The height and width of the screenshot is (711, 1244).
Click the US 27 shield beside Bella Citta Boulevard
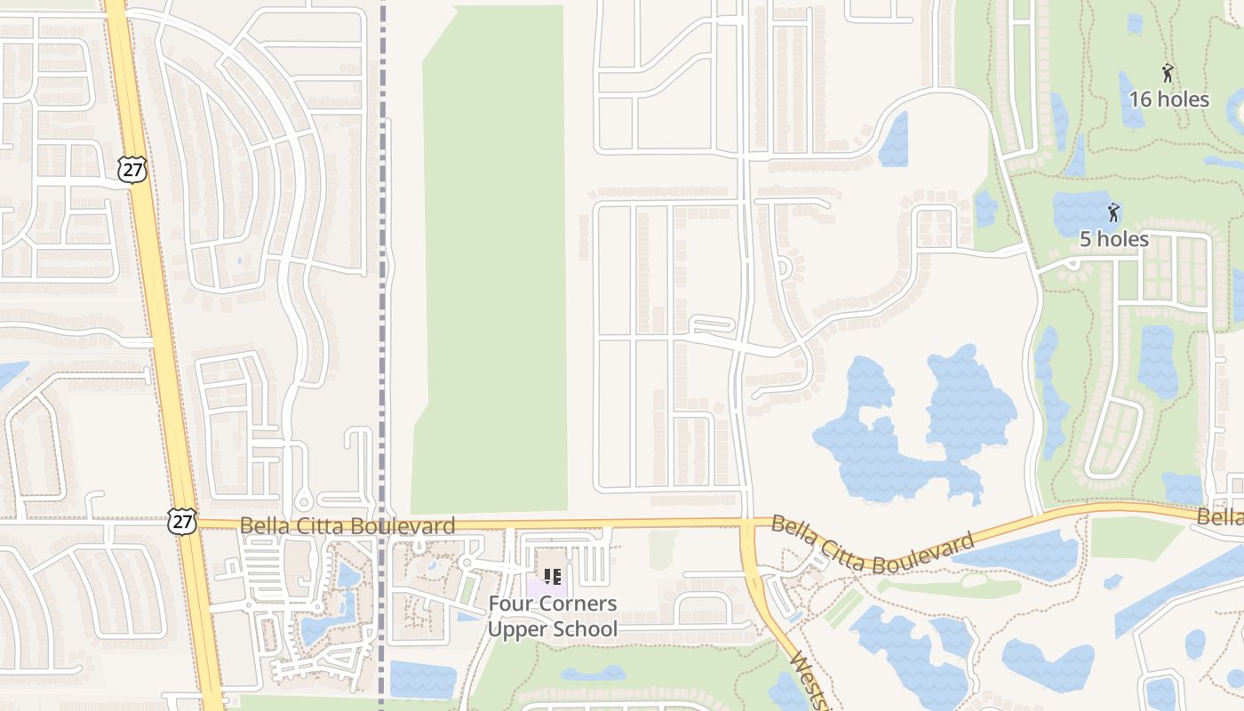(181, 522)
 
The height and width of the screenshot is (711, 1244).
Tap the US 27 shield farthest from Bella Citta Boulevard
(132, 170)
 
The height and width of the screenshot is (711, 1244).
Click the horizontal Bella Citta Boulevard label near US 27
(347, 526)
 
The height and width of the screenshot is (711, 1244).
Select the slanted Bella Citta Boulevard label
(873, 544)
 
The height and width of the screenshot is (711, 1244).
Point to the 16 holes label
(1168, 100)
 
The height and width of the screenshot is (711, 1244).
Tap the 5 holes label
(1113, 239)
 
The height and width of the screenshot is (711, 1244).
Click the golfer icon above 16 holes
(1168, 74)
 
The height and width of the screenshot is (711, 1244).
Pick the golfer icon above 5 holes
(1113, 212)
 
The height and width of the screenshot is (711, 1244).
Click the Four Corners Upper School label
(552, 617)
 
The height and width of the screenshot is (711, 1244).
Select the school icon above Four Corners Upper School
(552, 577)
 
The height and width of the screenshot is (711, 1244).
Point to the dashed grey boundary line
(383, 267)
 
